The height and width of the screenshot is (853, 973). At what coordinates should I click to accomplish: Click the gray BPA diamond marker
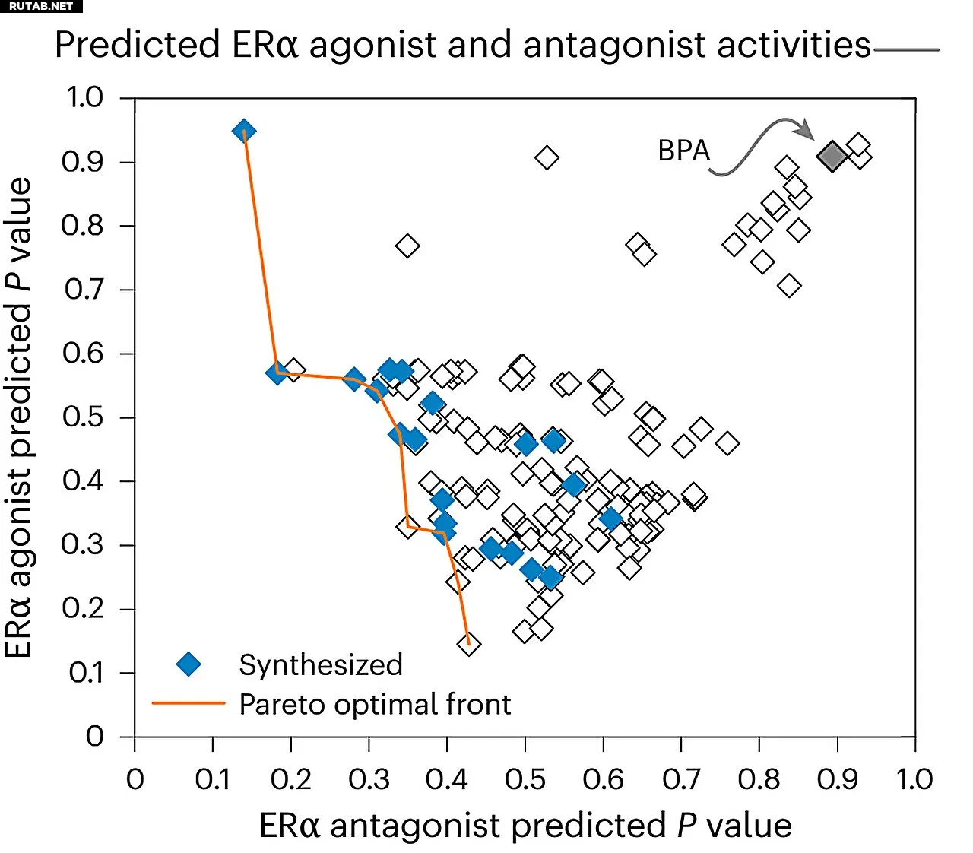point(832,156)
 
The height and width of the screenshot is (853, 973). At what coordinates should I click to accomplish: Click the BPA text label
point(683,151)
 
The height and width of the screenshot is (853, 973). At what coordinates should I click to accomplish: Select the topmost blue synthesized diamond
point(243,131)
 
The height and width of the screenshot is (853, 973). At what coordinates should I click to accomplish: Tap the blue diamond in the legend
point(189,664)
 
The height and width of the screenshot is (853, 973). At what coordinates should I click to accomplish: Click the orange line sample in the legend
point(189,704)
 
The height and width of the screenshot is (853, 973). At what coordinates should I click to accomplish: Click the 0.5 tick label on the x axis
point(525,779)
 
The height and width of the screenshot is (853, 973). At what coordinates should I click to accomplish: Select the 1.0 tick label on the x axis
point(914,779)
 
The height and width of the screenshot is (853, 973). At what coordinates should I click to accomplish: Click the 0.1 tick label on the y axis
point(86,673)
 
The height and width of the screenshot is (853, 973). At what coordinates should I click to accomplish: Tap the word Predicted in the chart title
point(138,45)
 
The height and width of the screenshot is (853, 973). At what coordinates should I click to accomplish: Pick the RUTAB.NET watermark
point(41,6)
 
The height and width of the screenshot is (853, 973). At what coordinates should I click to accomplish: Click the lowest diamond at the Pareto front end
point(469,644)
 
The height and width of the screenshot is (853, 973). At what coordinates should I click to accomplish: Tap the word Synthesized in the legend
point(321,664)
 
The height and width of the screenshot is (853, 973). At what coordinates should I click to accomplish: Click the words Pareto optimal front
point(375,704)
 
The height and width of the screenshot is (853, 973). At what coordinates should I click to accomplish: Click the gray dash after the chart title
point(907,50)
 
